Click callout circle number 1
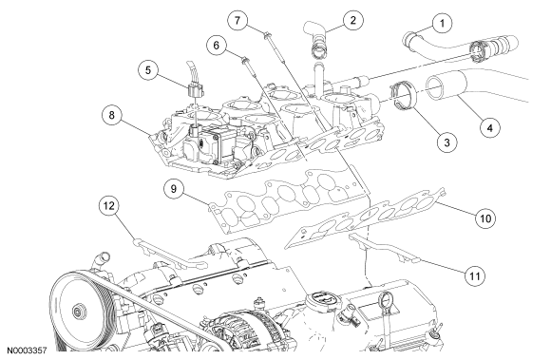442,24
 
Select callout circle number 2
352,20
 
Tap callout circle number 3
446,142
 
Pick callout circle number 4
490,128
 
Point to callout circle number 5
148,70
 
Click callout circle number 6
216,46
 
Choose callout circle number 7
237,21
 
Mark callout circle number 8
112,115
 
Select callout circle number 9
174,189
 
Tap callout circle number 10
485,218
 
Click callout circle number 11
475,276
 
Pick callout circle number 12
109,206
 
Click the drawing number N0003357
27,351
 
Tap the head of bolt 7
267,34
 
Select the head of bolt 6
244,59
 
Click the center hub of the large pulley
77,312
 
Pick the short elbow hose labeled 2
317,39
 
